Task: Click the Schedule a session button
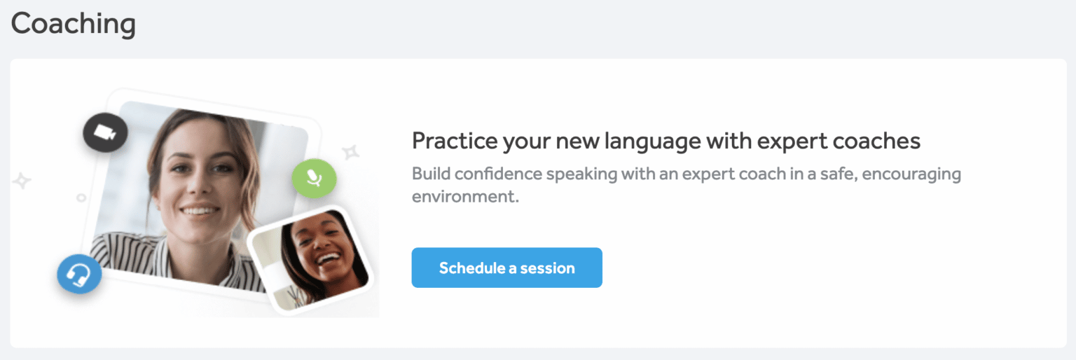tap(506, 268)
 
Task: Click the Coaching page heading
tap(73, 24)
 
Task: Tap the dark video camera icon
tap(105, 132)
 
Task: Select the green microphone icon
tap(314, 178)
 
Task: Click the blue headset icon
tap(79, 275)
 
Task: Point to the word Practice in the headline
tap(453, 141)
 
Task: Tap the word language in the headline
tap(639, 141)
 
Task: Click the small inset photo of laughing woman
tap(312, 259)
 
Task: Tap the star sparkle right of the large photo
tap(350, 152)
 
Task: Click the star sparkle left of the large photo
tap(22, 181)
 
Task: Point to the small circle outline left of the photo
tap(81, 198)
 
